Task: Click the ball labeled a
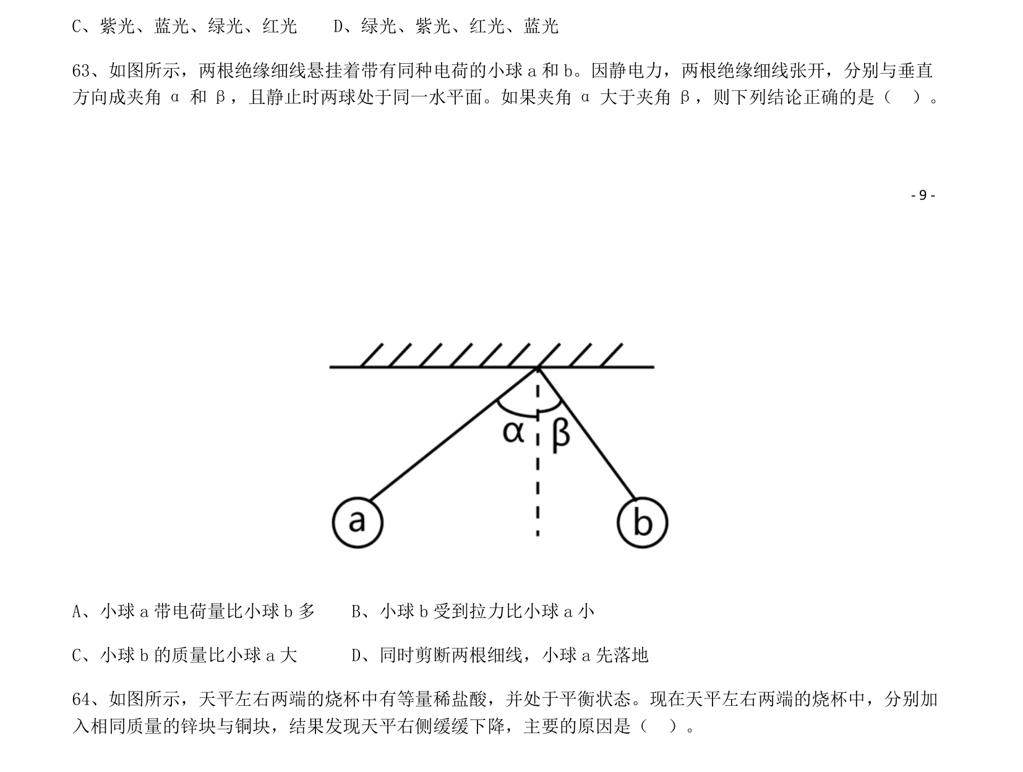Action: [x=357, y=522]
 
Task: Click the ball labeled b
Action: [x=642, y=522]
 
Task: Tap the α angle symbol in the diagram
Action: [x=513, y=432]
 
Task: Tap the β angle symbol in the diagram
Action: [x=560, y=435]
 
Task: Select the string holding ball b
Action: [x=586, y=433]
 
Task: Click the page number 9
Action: [x=922, y=195]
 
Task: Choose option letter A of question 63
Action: [x=77, y=611]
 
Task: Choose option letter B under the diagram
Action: [x=356, y=611]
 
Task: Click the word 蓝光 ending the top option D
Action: [x=541, y=26]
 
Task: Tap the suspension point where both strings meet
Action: [x=538, y=368]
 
